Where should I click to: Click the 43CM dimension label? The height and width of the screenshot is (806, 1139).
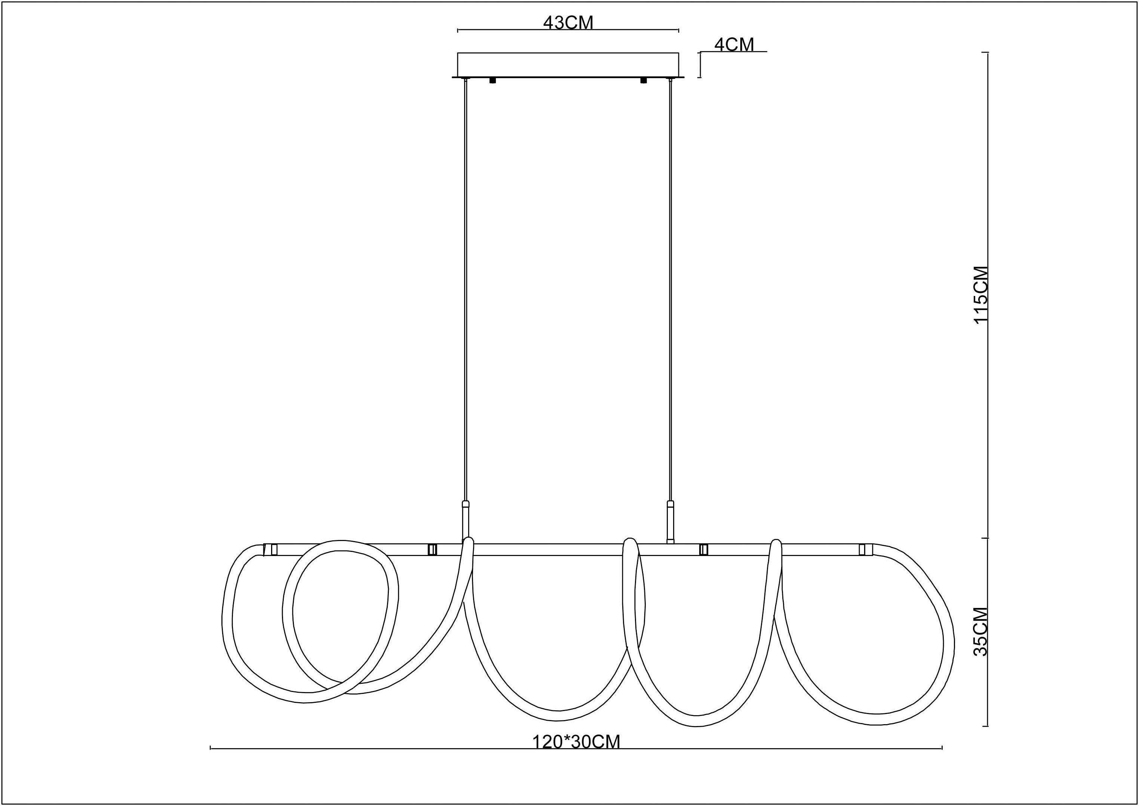coord(568,22)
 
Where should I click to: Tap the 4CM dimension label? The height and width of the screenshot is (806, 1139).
coord(734,45)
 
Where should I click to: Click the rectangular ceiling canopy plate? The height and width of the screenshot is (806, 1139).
coord(568,65)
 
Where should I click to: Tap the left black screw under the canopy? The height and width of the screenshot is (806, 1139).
coord(492,80)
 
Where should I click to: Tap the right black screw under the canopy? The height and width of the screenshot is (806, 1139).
coord(644,80)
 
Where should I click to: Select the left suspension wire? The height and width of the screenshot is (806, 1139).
coord(466,290)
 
